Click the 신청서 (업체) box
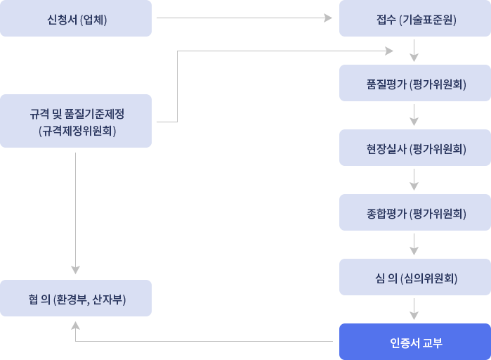pyautogui.click(x=76, y=18)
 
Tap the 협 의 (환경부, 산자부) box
pyautogui.click(x=76, y=298)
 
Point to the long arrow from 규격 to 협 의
pyautogui.click(x=74, y=211)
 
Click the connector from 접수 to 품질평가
pyautogui.click(x=417, y=51)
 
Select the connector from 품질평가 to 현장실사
pyautogui.click(x=417, y=115)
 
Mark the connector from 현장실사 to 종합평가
pyautogui.click(x=417, y=180)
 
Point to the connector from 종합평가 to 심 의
pyautogui.click(x=417, y=245)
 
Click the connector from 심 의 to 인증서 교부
pyautogui.click(x=417, y=309)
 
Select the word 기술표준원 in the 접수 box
pyautogui.click(x=428, y=19)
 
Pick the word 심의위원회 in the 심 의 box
pyautogui.click(x=428, y=278)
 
